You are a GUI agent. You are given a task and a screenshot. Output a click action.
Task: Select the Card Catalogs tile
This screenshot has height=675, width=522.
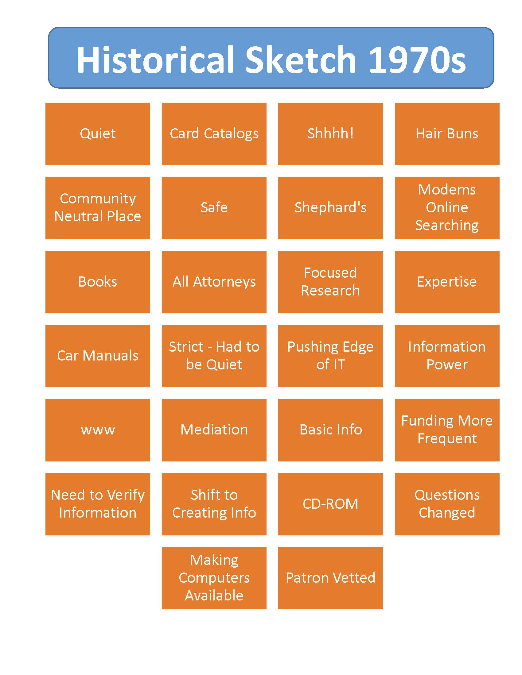pos(214,134)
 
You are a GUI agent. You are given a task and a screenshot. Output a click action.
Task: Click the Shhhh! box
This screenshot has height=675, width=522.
pos(330,134)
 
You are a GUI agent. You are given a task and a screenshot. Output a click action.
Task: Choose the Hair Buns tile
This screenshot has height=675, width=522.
pos(447,134)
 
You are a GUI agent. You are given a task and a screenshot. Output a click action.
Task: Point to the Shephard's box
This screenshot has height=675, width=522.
pos(330,208)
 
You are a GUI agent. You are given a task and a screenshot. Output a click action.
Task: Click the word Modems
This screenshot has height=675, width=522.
pos(447,190)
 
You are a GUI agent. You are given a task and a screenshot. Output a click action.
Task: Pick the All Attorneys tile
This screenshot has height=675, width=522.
pos(214,282)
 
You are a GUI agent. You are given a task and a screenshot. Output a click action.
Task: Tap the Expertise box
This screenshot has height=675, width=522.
pos(447,282)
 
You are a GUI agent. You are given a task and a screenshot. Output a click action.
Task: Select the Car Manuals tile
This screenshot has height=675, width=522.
pos(98,356)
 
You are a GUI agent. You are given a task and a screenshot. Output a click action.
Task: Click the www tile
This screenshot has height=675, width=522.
pos(98,430)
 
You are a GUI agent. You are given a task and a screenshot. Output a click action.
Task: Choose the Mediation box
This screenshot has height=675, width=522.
pos(214,430)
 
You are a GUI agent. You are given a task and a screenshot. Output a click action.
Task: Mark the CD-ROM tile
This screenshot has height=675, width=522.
pos(330,504)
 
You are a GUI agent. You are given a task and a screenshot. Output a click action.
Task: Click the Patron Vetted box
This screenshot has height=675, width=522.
pos(330,578)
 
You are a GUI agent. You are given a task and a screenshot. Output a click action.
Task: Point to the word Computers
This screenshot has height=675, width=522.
pos(214,578)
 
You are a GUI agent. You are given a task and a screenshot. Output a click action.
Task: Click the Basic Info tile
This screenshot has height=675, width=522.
pos(330,430)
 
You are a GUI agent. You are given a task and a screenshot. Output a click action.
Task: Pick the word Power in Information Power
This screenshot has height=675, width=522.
pos(447,365)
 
